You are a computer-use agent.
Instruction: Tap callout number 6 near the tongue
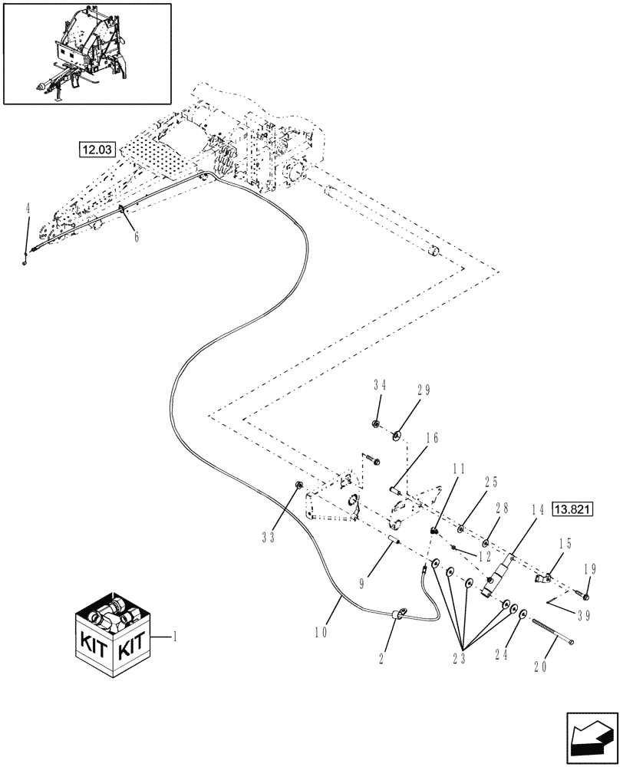click(x=137, y=238)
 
